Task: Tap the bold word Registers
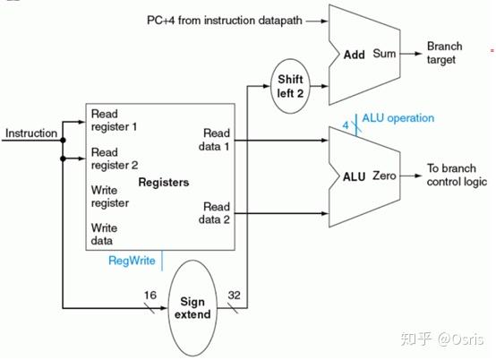164,182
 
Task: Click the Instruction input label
31,133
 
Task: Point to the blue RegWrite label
132,261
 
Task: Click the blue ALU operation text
398,118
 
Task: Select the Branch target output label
444,53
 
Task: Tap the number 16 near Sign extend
150,296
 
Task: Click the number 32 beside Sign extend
234,296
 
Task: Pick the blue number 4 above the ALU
346,125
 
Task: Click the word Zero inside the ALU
384,176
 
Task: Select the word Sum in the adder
384,53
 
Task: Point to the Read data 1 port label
214,140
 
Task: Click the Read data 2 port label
214,213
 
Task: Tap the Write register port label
110,196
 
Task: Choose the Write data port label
104,234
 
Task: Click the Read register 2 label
115,159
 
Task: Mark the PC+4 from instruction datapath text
225,21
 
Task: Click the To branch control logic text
457,175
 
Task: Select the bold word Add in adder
355,55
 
